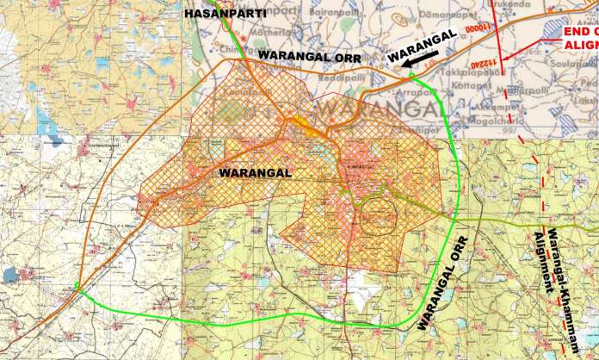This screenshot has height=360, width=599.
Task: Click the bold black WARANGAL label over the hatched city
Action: (x=256, y=172)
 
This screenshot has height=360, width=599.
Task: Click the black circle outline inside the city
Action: (x=376, y=213)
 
